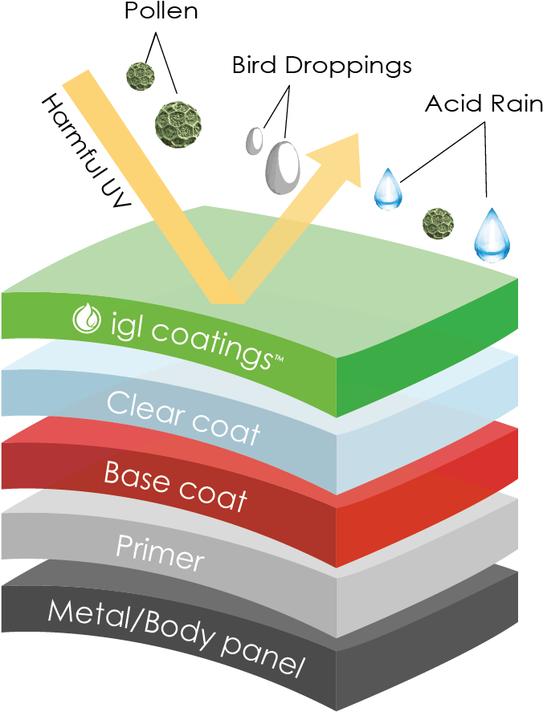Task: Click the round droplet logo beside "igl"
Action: (x=86, y=319)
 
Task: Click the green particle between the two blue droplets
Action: (x=439, y=222)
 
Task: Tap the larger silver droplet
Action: (x=283, y=166)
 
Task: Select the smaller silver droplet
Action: (x=255, y=140)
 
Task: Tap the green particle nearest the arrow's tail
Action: (x=141, y=76)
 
